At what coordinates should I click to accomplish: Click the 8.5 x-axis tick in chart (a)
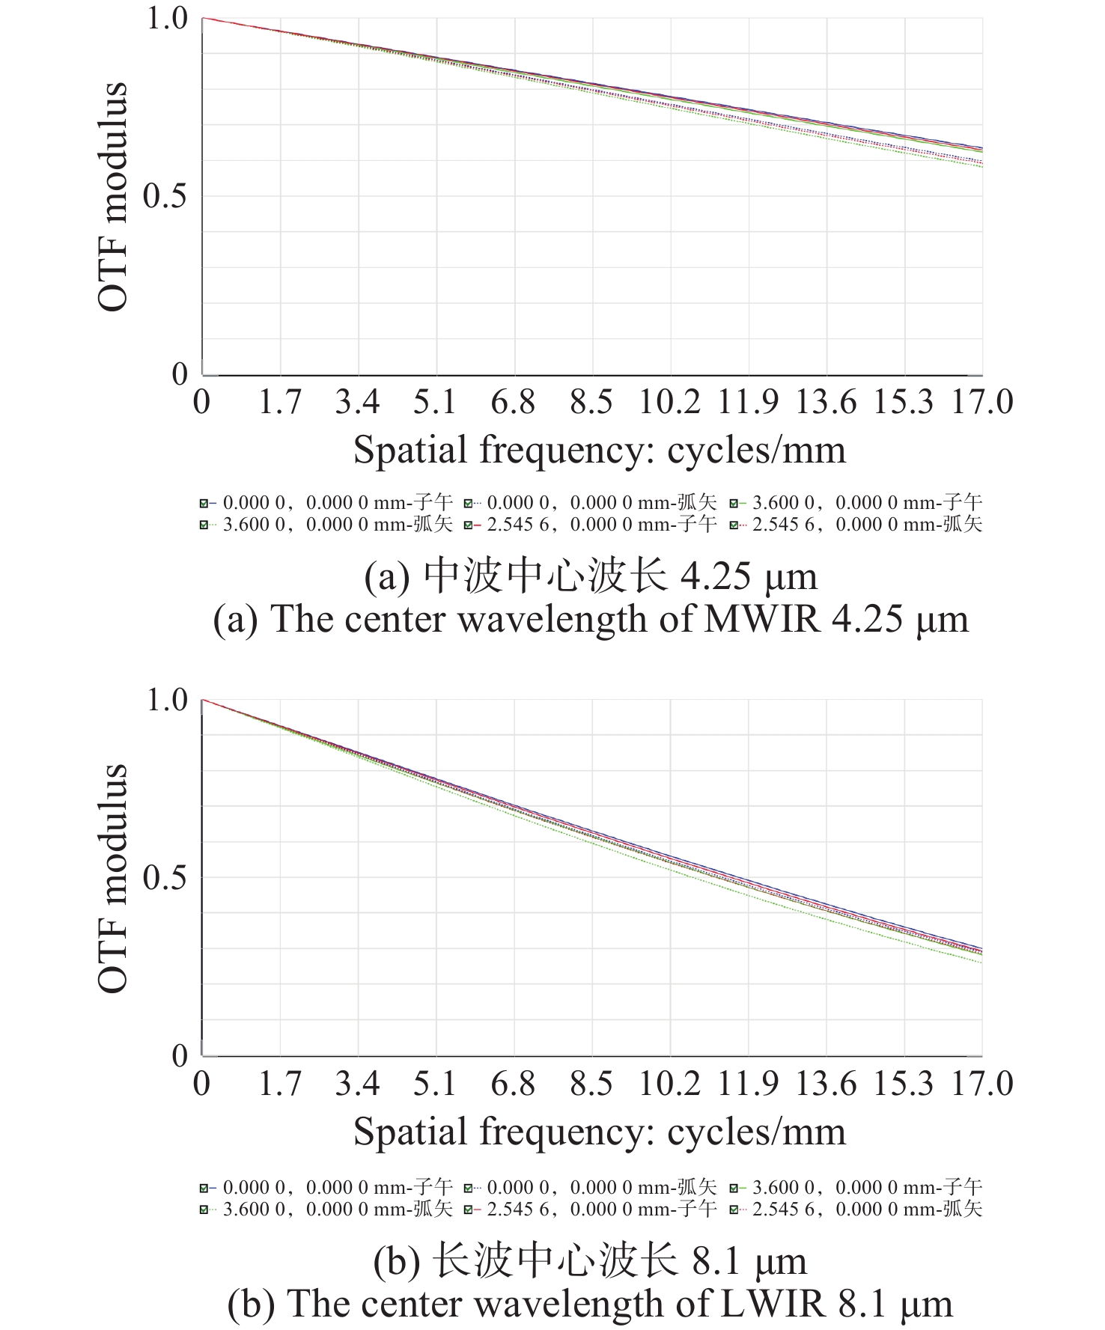pos(591,402)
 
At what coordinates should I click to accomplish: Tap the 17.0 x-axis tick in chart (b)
pos(981,1084)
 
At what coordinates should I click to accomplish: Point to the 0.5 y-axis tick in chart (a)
pos(165,196)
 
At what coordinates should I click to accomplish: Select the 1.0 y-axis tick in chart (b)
pos(166,701)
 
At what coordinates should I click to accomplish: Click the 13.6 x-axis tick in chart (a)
pos(825,402)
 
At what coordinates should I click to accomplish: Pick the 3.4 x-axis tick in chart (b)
pos(357,1084)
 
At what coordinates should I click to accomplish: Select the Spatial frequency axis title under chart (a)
pos(600,451)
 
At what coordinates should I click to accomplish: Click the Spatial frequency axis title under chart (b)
pos(600,1132)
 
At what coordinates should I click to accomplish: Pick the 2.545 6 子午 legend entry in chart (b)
pos(591,1209)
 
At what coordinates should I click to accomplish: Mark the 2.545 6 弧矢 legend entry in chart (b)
pos(856,1209)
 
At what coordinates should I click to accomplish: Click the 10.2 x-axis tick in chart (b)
pos(669,1084)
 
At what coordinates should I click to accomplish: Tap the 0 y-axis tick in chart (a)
pos(180,373)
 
